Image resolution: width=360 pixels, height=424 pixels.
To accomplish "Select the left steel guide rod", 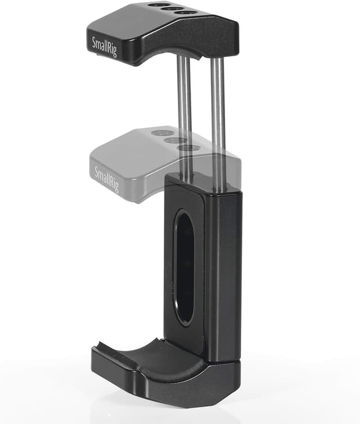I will pos(183,112).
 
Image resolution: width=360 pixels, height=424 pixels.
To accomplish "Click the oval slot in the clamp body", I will pos(184,267).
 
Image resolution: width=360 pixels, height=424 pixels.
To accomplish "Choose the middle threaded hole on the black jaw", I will pos(174,8).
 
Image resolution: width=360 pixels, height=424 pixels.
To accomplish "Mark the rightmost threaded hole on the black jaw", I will pos(189,11).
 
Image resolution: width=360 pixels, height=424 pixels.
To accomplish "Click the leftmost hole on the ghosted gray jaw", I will pos(163,133).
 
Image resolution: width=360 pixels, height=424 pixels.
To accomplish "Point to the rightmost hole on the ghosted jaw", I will pos(190,147).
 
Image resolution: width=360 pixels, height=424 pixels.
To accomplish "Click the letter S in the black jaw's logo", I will pos(94,41).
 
